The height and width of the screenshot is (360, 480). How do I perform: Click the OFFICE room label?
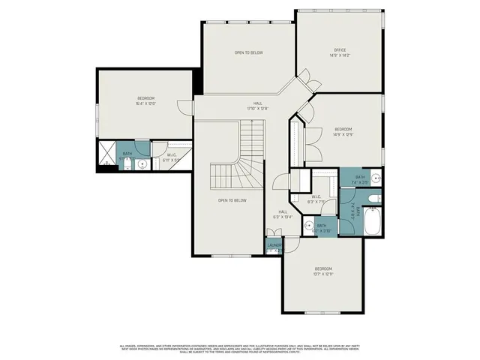[x=340, y=50]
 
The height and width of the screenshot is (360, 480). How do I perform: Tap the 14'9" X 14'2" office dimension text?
[x=340, y=55]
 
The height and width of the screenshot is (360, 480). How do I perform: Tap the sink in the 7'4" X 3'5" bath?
[x=376, y=178]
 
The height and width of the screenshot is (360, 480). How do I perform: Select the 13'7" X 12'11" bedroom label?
[x=323, y=271]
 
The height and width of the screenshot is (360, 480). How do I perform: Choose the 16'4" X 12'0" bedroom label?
[x=146, y=101]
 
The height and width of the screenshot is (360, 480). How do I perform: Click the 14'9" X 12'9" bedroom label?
[x=343, y=131]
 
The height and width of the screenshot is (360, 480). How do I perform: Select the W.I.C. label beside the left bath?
[x=172, y=157]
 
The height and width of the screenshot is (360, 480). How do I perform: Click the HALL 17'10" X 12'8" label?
[x=257, y=106]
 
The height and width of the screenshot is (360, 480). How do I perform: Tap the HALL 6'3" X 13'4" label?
[x=283, y=214]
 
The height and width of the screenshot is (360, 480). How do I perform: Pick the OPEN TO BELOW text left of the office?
[x=248, y=52]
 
